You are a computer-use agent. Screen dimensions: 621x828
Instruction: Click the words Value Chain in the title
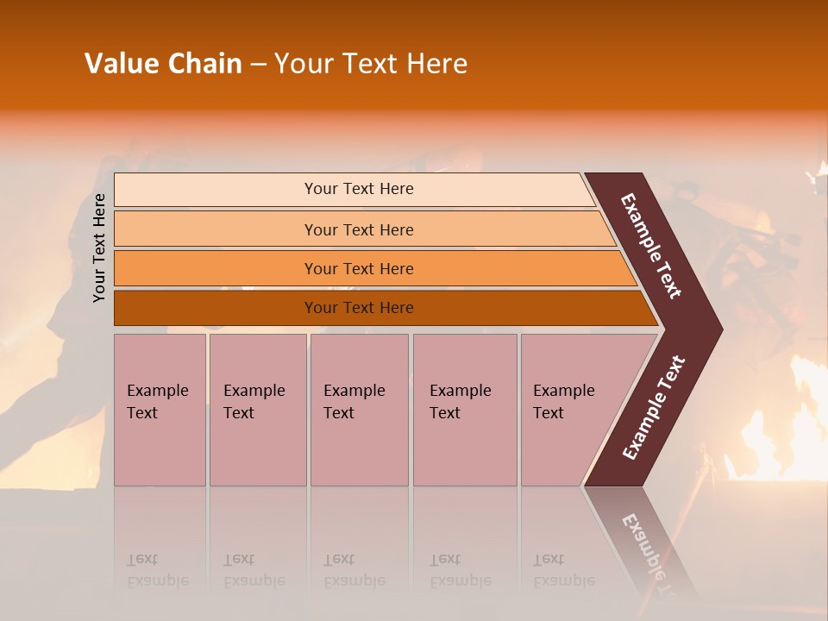pyautogui.click(x=163, y=64)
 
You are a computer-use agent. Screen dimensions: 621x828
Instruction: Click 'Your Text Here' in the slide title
pyautogui.click(x=371, y=64)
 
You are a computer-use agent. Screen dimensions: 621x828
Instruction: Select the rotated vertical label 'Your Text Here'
pyautogui.click(x=99, y=248)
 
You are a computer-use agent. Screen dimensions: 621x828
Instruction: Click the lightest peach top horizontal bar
pyautogui.click(x=216, y=190)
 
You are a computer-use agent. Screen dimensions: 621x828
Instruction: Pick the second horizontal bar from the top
pyautogui.click(x=216, y=229)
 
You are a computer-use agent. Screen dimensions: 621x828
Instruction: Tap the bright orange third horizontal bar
pyautogui.click(x=216, y=268)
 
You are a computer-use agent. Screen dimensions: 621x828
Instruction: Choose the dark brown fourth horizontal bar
pyautogui.click(x=216, y=308)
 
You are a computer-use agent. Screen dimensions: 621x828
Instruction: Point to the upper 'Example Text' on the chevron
pyautogui.click(x=651, y=246)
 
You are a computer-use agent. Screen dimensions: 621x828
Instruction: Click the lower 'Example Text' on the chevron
pyautogui.click(x=654, y=408)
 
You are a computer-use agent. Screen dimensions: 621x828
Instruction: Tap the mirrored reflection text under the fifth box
pyautogui.click(x=563, y=570)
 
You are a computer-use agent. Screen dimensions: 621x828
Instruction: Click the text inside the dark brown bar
pyautogui.click(x=359, y=308)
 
